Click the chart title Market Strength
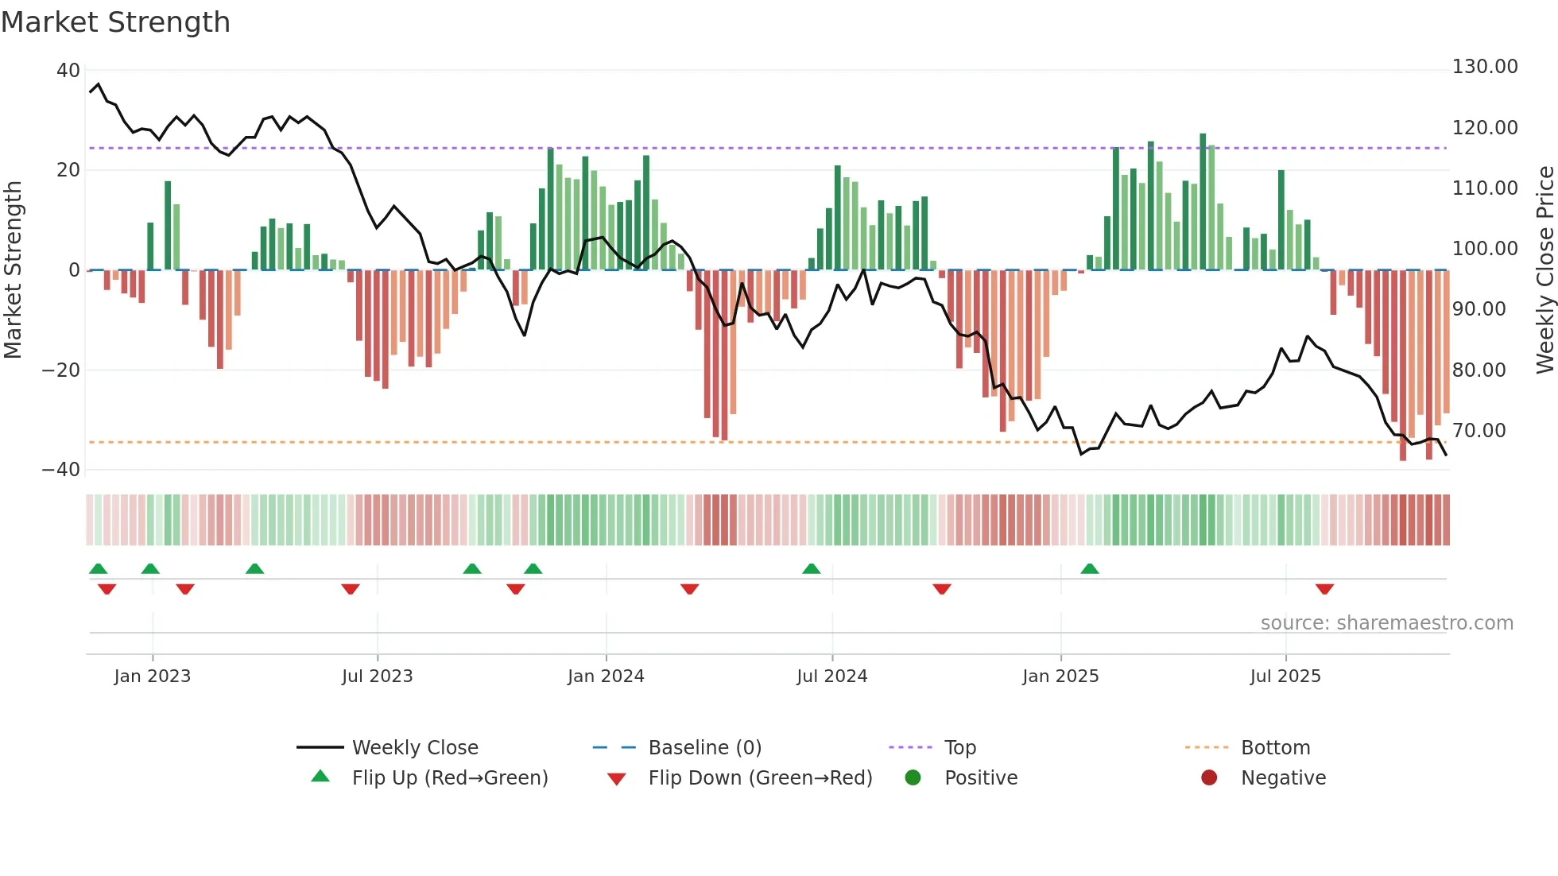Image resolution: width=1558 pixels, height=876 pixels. click(x=115, y=22)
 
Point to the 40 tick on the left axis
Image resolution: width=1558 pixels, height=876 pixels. click(x=68, y=71)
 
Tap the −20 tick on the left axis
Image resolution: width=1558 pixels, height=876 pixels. click(x=61, y=370)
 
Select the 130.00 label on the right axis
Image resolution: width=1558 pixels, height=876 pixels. click(x=1485, y=67)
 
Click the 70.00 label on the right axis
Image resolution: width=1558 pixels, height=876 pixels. click(x=1479, y=431)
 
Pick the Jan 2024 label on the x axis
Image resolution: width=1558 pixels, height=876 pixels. click(x=606, y=676)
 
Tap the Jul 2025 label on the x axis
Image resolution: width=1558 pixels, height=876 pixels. click(x=1285, y=676)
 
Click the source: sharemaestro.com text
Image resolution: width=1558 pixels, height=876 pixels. click(x=1386, y=623)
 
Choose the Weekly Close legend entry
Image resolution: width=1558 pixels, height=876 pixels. click(x=415, y=748)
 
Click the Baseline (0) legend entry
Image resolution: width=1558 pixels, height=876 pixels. click(x=704, y=748)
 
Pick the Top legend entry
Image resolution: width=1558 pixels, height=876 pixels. click(x=959, y=748)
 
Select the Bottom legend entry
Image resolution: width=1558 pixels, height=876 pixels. click(x=1275, y=748)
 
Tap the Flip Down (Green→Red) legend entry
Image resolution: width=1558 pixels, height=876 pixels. click(x=759, y=778)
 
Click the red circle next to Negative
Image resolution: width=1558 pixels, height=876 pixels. click(x=1209, y=778)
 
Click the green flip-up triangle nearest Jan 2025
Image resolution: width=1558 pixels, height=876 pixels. click(x=1090, y=569)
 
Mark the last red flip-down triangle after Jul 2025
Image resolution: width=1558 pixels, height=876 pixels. click(x=1324, y=589)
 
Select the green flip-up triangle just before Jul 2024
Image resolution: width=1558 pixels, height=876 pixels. click(x=811, y=569)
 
